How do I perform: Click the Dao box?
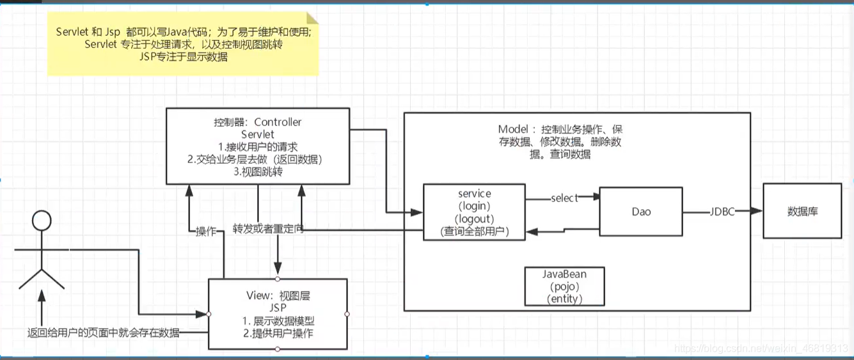tap(640, 212)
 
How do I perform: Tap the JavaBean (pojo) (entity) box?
tap(563, 286)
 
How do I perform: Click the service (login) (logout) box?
tap(474, 212)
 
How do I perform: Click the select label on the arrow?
tap(564, 198)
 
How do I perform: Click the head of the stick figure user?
tap(42, 221)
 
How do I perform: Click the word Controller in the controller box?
tap(278, 121)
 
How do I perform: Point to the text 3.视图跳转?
tap(258, 171)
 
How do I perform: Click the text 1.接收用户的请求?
tap(258, 146)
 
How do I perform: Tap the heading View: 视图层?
tap(278, 295)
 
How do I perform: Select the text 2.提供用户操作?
tap(278, 333)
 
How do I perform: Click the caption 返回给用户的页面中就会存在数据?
tap(103, 333)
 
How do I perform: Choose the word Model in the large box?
tap(512, 129)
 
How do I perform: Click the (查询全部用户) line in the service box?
tap(474, 231)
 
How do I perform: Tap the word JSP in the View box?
tap(278, 308)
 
